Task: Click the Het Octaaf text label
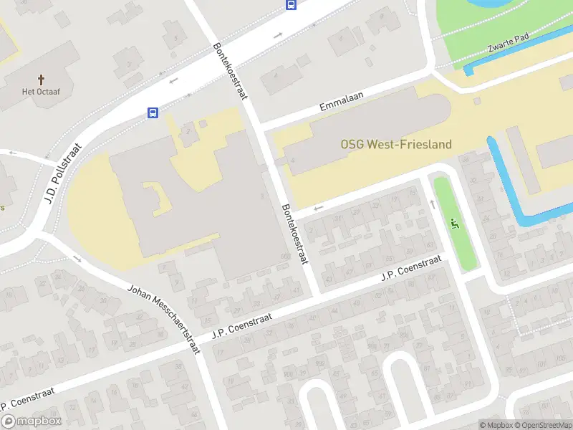(x=40, y=92)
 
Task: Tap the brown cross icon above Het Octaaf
(x=41, y=79)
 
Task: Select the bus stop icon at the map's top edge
(x=292, y=5)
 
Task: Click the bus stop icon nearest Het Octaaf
(x=153, y=113)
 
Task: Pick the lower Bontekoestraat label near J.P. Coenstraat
(x=294, y=234)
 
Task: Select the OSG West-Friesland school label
(x=395, y=144)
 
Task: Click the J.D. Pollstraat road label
(x=63, y=174)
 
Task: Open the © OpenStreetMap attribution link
(x=544, y=425)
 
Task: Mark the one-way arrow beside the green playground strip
(x=432, y=204)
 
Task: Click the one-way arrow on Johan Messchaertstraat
(x=77, y=259)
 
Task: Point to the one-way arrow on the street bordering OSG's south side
(x=319, y=208)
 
